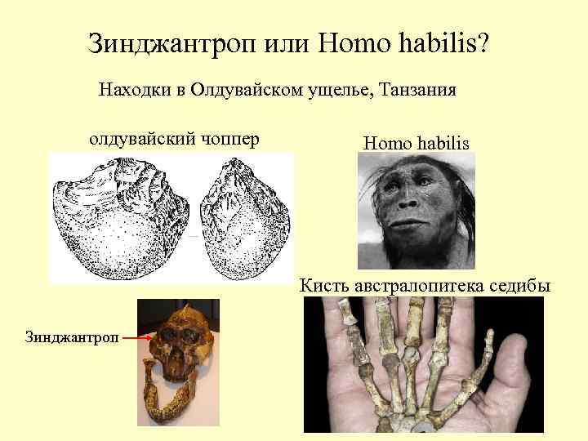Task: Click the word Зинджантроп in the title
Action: click(172, 42)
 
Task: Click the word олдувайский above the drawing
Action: click(139, 139)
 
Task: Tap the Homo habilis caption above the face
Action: click(416, 144)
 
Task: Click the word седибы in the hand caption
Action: click(520, 286)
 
